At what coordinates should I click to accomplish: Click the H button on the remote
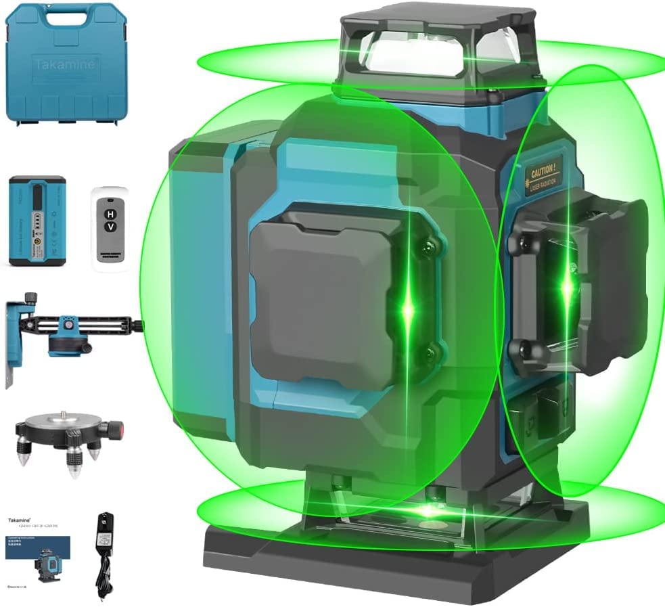tap(109, 213)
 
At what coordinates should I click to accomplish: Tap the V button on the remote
tap(109, 229)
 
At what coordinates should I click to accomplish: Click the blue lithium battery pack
tap(37, 221)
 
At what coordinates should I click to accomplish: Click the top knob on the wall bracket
tap(30, 298)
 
